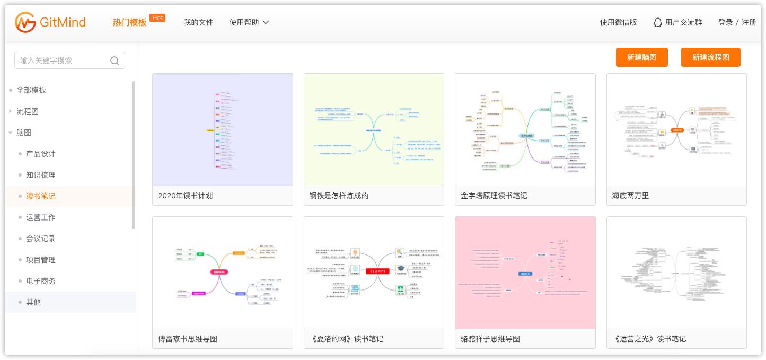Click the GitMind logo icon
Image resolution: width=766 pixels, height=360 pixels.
coord(25,22)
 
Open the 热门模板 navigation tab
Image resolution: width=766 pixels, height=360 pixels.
coord(129,22)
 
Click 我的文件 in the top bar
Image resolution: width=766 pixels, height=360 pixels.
coord(198,22)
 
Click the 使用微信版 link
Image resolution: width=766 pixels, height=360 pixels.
coord(618,22)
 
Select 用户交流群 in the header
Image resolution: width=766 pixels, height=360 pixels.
coord(677,22)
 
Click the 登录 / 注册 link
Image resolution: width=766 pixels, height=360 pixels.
coord(737,22)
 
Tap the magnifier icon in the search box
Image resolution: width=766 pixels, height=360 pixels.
coord(115,60)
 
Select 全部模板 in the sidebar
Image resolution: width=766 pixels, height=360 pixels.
coord(31,90)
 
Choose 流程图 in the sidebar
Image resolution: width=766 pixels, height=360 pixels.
coord(28,111)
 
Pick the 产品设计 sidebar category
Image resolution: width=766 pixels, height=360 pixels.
coord(41,154)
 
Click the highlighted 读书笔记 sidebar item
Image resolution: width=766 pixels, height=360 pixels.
coord(41,196)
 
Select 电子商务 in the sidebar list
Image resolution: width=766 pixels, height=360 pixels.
coord(41,281)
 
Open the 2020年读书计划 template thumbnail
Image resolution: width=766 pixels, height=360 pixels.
coord(222,129)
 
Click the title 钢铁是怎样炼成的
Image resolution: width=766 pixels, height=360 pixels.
coord(339,196)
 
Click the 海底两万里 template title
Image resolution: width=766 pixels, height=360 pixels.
coord(630,196)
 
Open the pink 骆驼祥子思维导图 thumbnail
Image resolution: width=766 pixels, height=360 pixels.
coord(525,273)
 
